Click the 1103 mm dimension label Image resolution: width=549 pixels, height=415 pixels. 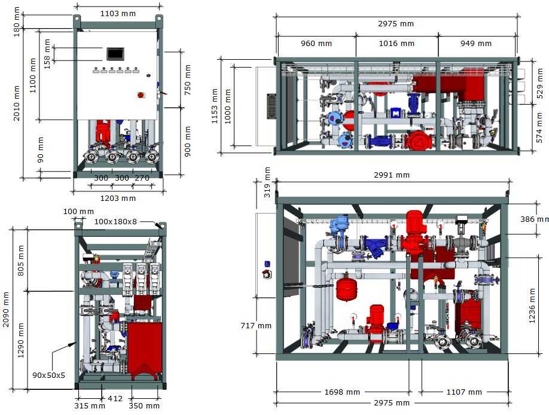tap(118, 14)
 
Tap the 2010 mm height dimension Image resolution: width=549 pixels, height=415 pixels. tap(17, 103)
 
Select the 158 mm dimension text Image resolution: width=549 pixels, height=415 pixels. tap(47, 54)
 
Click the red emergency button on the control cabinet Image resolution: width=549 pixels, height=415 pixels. tap(141, 94)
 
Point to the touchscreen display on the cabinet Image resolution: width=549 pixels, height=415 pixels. tap(115, 54)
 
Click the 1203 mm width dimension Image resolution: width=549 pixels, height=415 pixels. tap(118, 198)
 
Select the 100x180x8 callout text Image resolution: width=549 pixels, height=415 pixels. tap(115, 221)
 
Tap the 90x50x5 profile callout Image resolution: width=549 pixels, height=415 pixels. tap(48, 375)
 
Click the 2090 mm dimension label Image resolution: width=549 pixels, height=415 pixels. tap(6, 309)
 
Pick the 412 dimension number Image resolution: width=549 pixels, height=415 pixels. tap(115, 398)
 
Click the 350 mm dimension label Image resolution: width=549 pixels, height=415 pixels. tap(144, 405)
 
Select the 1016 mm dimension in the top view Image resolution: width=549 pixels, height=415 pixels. tap(396, 44)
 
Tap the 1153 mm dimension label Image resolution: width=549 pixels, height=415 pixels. tap(215, 106)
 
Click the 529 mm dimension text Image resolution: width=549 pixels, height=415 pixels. tap(539, 83)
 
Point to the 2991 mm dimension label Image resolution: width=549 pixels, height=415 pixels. tap(392, 175)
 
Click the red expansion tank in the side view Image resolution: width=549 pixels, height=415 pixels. tap(346, 289)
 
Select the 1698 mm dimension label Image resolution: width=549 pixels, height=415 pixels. tap(342, 392)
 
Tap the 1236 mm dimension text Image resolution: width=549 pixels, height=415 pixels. tap(532, 306)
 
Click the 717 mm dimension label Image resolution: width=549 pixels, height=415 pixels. tap(256, 326)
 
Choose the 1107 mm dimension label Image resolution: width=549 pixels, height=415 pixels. tap(464, 392)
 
